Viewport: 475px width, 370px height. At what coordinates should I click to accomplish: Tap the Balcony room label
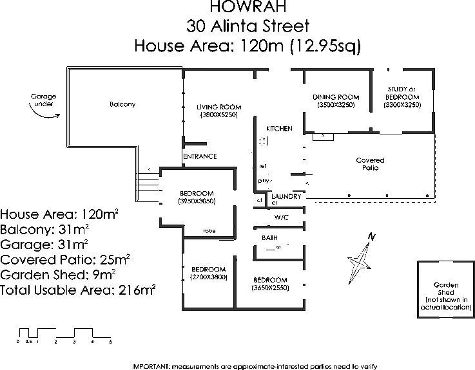[122, 104]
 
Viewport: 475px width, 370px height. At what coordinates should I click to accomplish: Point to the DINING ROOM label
[335, 97]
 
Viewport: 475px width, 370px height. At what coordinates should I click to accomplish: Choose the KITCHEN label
[279, 129]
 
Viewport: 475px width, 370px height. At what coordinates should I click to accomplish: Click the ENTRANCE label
[200, 156]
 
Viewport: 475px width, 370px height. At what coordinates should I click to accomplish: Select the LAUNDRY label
[286, 196]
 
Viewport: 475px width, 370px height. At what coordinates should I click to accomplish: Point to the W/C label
[280, 217]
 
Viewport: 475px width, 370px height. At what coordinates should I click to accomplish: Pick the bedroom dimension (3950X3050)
[197, 201]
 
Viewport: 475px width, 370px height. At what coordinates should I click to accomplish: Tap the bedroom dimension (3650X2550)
[270, 288]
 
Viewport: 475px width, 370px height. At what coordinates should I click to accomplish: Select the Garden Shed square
[445, 290]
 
